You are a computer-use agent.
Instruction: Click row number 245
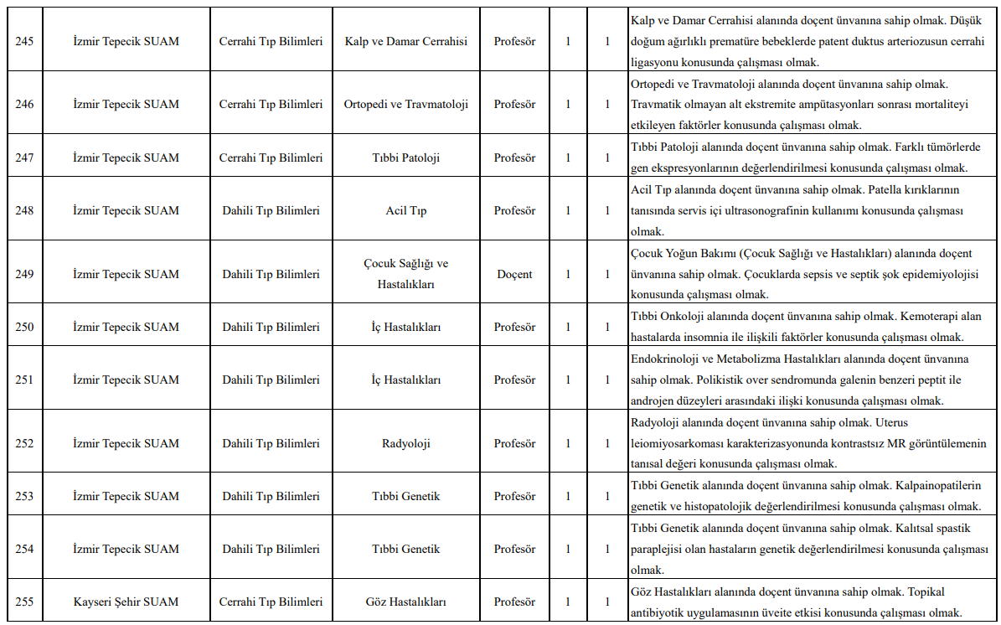click(x=24, y=41)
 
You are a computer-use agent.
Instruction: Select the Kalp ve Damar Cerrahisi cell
click(x=405, y=41)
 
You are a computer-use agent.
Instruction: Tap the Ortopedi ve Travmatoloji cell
click(x=405, y=105)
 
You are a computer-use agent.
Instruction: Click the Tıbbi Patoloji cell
click(x=405, y=158)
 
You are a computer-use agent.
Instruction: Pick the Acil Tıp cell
click(x=405, y=210)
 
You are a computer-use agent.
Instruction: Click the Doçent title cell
click(x=514, y=274)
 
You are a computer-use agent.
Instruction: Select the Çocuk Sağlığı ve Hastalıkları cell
click(x=405, y=274)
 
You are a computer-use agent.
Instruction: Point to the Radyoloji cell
click(x=405, y=443)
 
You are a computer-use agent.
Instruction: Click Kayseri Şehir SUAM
click(x=126, y=602)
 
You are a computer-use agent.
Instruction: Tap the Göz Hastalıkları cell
click(x=405, y=602)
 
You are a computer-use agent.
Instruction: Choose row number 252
click(x=24, y=443)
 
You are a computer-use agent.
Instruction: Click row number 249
click(x=24, y=274)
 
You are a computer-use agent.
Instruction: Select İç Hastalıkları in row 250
click(x=405, y=327)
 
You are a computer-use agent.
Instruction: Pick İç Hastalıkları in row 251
click(x=405, y=380)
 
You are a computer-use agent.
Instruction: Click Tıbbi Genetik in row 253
click(x=405, y=496)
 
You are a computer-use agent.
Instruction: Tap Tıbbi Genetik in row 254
click(x=405, y=549)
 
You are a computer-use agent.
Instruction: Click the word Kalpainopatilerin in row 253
click(x=937, y=486)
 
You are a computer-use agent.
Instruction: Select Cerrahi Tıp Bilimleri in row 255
click(x=271, y=602)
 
